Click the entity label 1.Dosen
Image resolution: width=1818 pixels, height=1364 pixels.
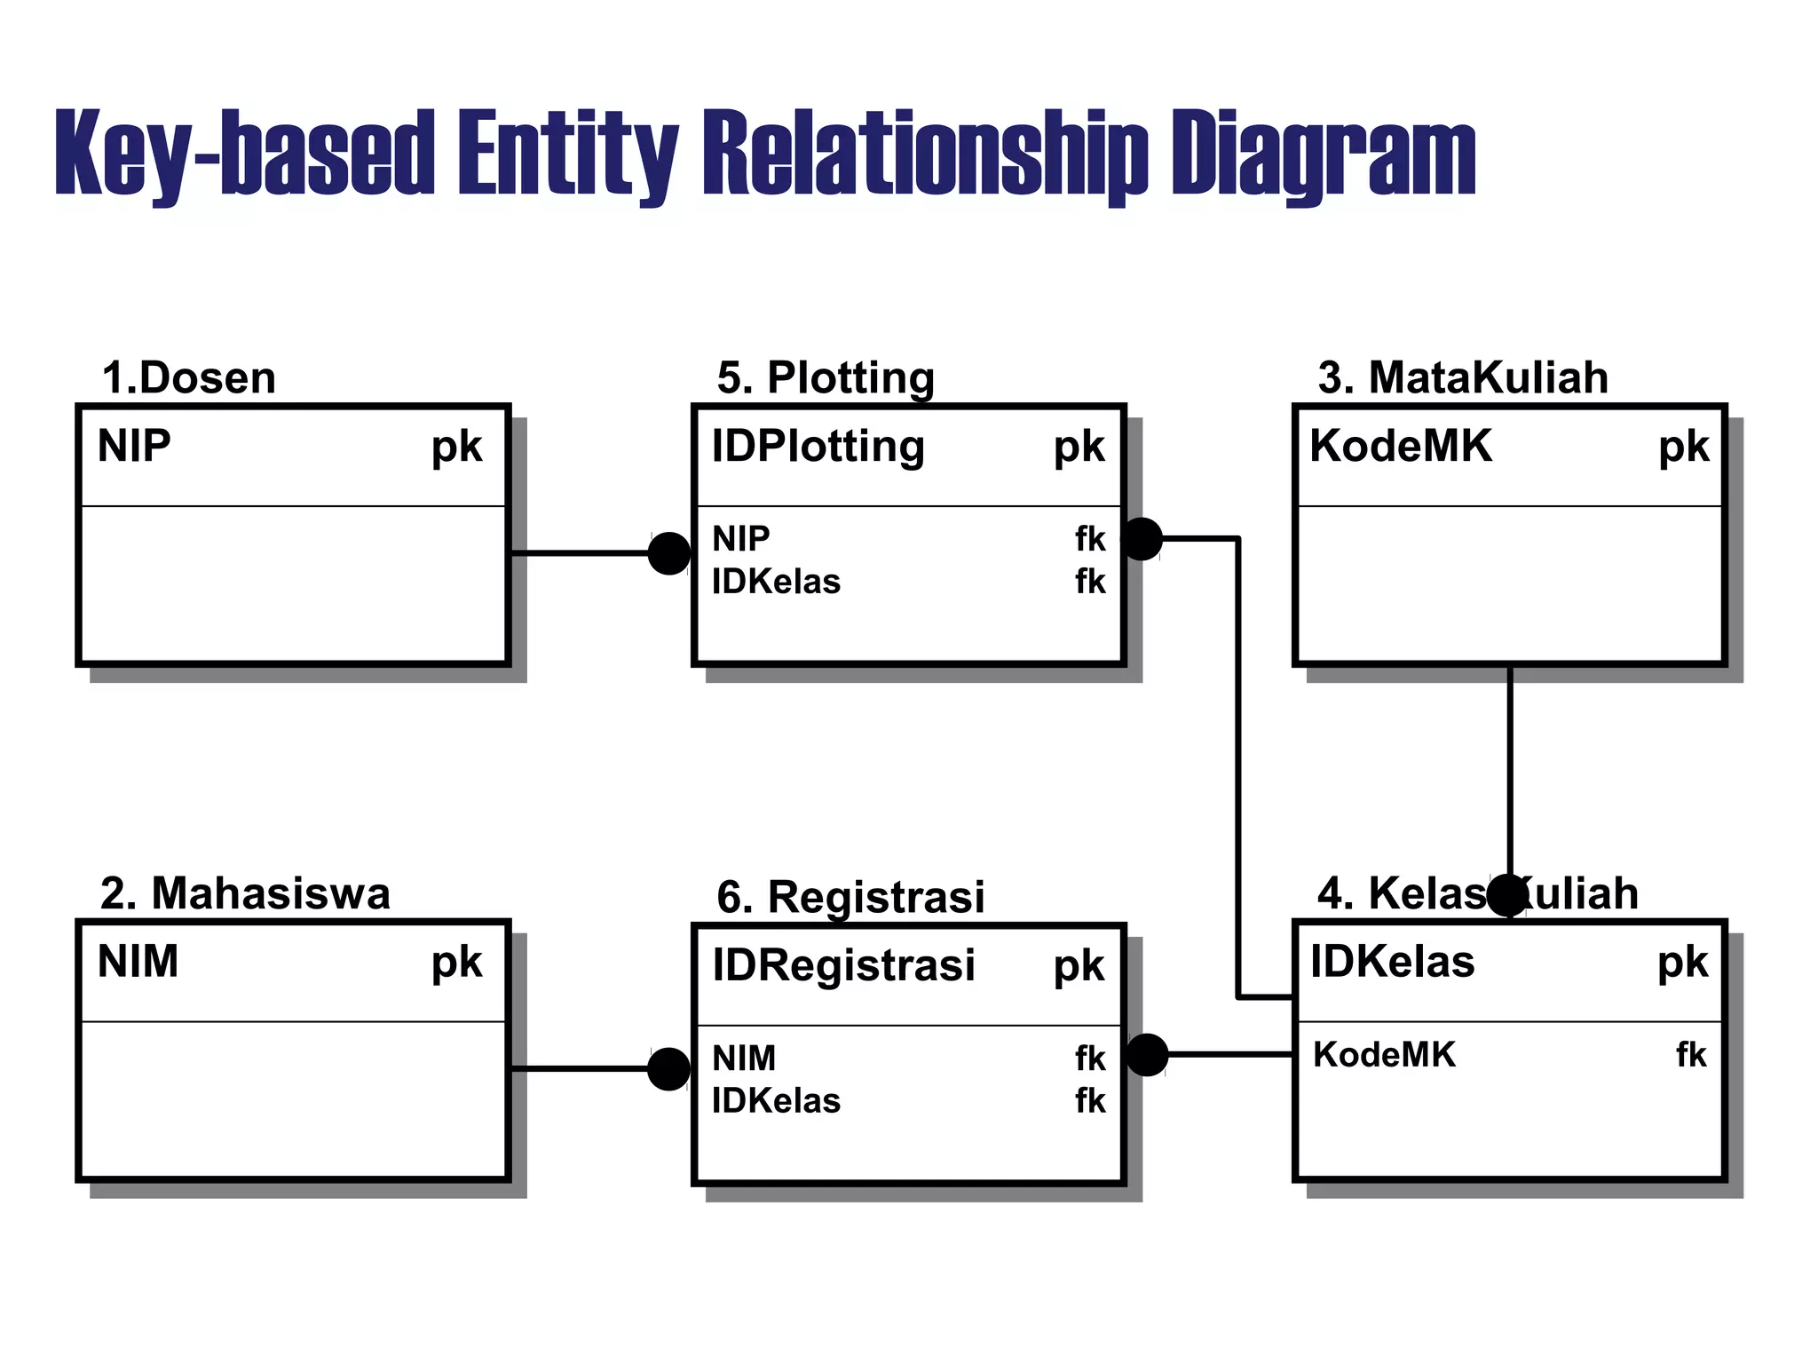(188, 377)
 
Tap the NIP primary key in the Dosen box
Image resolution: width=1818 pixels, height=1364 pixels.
(134, 446)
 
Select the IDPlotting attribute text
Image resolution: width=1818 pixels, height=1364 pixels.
(818, 446)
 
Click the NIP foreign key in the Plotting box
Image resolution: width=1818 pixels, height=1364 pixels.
(740, 538)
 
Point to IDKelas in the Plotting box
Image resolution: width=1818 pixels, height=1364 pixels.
(776, 582)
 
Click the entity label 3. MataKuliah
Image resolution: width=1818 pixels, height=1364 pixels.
(1462, 377)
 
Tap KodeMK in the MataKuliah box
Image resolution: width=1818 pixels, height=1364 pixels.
(1400, 446)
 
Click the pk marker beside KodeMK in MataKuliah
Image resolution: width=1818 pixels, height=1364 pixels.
(1683, 447)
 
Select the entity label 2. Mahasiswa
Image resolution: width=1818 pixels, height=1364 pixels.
(245, 893)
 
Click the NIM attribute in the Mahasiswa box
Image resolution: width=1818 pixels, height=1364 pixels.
(138, 962)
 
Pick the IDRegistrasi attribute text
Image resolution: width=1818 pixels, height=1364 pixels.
(843, 965)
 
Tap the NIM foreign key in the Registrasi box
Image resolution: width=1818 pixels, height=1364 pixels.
(744, 1058)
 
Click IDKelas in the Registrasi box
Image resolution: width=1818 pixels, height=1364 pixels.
(776, 1101)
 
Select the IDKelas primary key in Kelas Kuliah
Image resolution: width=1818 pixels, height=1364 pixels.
(1392, 962)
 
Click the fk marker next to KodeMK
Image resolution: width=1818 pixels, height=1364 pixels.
(1690, 1055)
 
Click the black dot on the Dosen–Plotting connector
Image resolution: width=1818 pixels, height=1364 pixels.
(668, 553)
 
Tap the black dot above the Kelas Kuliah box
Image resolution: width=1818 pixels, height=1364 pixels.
(1506, 895)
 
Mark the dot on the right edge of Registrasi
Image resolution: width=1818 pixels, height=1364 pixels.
(1147, 1055)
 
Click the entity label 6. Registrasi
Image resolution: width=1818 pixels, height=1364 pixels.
(850, 897)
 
